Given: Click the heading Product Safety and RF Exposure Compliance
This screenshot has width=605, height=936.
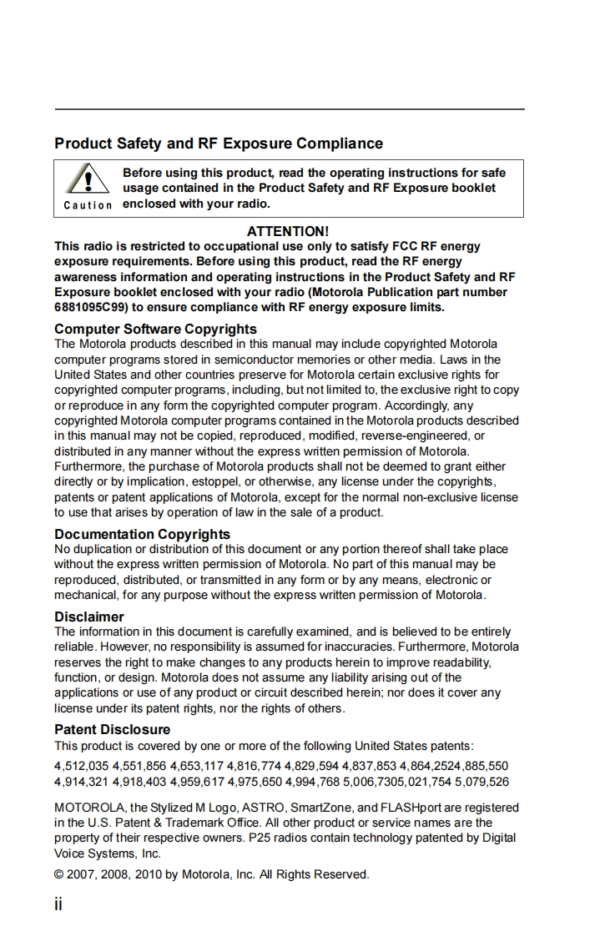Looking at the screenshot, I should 219,143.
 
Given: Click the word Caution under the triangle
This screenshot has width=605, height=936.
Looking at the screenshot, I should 88,205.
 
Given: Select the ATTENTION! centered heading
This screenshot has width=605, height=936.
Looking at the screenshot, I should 288,231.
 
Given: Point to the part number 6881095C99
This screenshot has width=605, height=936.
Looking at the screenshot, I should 91,307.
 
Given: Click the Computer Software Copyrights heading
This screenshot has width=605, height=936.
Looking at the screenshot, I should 155,329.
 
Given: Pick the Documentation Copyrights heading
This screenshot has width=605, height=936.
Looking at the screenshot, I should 142,534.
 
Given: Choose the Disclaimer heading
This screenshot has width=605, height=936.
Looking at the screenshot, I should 88,616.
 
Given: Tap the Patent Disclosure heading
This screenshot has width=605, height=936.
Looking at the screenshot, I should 112,729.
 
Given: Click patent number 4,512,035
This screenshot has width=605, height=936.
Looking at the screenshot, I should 81,766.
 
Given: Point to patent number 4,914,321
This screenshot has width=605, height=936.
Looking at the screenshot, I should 81,782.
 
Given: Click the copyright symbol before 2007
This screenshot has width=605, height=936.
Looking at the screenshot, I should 59,874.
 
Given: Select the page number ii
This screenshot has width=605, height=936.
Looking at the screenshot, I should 58,904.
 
